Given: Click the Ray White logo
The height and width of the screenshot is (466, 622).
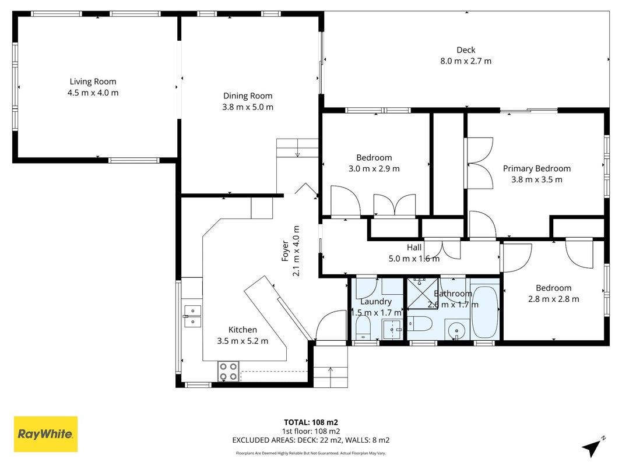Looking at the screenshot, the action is click(x=45, y=434).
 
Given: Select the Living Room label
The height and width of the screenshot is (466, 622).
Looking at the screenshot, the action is click(x=93, y=82).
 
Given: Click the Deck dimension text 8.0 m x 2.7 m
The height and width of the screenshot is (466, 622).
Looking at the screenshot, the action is click(x=466, y=61).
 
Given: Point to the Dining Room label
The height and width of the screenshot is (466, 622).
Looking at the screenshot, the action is click(x=248, y=96).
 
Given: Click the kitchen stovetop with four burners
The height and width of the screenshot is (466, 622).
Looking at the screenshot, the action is click(x=228, y=372).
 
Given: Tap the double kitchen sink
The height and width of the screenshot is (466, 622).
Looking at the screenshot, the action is click(x=193, y=316).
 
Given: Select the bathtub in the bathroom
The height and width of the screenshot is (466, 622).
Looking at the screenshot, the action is click(x=485, y=312).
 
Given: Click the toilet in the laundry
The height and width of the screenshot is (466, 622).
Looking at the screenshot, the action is click(x=363, y=328).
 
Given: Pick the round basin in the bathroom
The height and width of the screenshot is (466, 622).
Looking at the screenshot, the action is click(x=456, y=330).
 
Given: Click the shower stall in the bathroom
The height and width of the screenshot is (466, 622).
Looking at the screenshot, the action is click(x=423, y=294).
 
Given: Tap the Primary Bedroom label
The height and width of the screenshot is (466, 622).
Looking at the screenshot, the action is click(x=537, y=168).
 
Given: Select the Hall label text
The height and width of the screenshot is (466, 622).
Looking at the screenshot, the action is click(x=414, y=247).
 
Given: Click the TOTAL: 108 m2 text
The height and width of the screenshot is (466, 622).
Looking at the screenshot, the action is click(x=311, y=422).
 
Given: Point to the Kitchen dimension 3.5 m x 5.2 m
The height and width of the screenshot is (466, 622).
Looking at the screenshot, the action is click(x=243, y=341).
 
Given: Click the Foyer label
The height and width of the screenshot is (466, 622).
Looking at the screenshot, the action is click(x=285, y=251).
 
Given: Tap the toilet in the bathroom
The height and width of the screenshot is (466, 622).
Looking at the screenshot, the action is click(x=420, y=324).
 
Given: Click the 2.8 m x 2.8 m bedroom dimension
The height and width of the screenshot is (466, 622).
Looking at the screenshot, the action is click(x=553, y=299).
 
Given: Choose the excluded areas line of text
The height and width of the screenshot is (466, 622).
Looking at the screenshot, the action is click(x=311, y=440).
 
